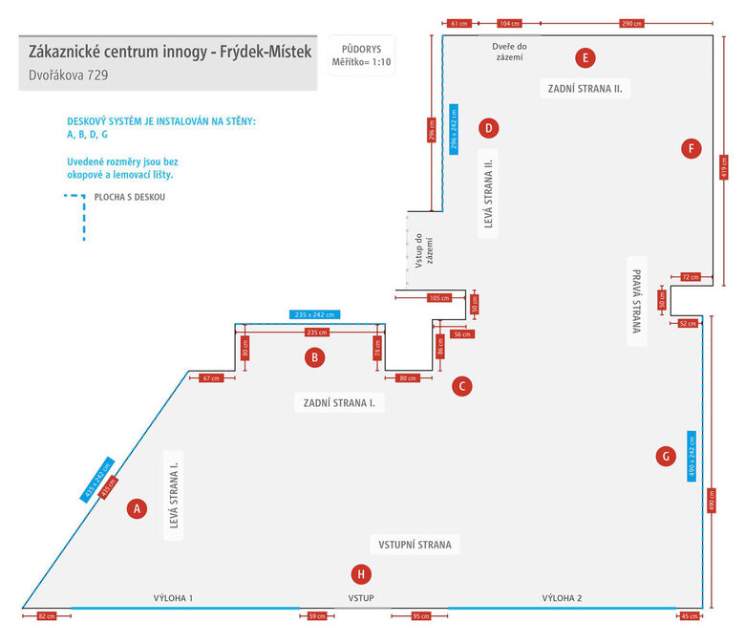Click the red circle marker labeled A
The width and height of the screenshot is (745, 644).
pos(138,509)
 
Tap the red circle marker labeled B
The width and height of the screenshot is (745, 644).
pos(314,358)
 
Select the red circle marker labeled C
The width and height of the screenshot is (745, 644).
pos(461,386)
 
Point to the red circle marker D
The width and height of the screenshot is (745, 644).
pos(488,127)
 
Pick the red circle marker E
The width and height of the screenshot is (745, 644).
pos(585,57)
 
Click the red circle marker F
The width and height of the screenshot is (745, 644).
pos(692,148)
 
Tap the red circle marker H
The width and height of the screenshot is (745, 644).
pos(360,574)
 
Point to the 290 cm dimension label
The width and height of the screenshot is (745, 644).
pos(630,22)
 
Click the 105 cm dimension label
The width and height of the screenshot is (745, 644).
pos(439,298)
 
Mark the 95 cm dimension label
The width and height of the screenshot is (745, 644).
pos(419,616)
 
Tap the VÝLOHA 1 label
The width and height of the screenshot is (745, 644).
pos(174,598)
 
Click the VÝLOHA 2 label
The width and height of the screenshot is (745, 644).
pos(562,598)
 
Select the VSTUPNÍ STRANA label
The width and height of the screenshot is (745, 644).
pos(414,545)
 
